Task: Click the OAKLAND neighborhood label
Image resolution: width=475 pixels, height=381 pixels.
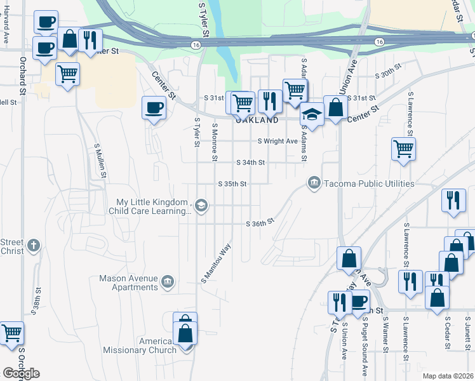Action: click(x=257, y=120)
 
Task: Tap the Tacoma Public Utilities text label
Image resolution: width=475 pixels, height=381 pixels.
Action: click(x=370, y=184)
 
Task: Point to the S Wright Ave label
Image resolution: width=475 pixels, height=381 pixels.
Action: click(x=278, y=141)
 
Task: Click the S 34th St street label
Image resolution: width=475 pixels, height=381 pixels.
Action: click(x=250, y=163)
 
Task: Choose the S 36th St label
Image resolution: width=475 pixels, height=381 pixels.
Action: click(x=260, y=223)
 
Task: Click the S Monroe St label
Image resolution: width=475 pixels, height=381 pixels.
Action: click(x=215, y=142)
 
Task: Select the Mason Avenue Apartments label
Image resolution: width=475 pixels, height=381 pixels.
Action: click(x=128, y=282)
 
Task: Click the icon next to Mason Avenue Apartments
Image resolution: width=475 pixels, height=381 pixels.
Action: click(x=168, y=281)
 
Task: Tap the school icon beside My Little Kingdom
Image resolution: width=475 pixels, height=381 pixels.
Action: click(x=201, y=204)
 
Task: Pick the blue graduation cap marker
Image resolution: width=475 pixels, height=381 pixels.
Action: click(x=312, y=114)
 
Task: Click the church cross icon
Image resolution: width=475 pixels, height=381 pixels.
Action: click(x=34, y=245)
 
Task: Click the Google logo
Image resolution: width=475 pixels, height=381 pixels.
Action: click(x=21, y=373)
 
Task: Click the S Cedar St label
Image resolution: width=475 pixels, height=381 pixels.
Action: click(x=448, y=331)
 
